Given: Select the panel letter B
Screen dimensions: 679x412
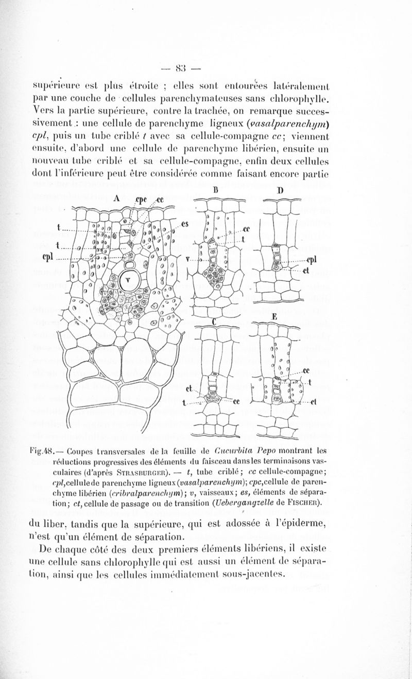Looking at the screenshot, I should tap(215, 190).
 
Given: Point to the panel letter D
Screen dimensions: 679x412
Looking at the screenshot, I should tap(281, 190).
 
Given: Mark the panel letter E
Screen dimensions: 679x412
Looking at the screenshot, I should tap(274, 317).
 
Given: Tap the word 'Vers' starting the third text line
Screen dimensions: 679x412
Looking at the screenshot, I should tap(41, 111).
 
